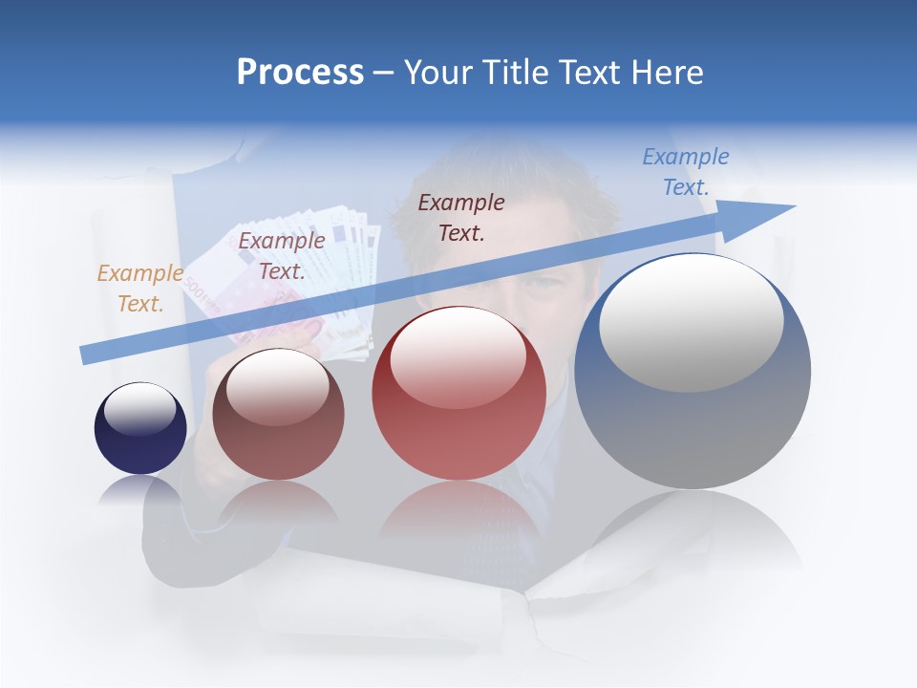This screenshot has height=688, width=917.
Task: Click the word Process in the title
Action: pyautogui.click(x=300, y=73)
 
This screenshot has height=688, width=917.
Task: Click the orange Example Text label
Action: pyautogui.click(x=139, y=289)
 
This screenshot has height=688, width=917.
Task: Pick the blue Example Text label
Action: pyautogui.click(x=685, y=172)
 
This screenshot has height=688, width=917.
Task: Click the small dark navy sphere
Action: pyautogui.click(x=140, y=428)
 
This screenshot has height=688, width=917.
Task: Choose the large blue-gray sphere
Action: pyautogui.click(x=693, y=420)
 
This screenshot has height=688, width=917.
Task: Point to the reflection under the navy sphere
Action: pyautogui.click(x=140, y=491)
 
